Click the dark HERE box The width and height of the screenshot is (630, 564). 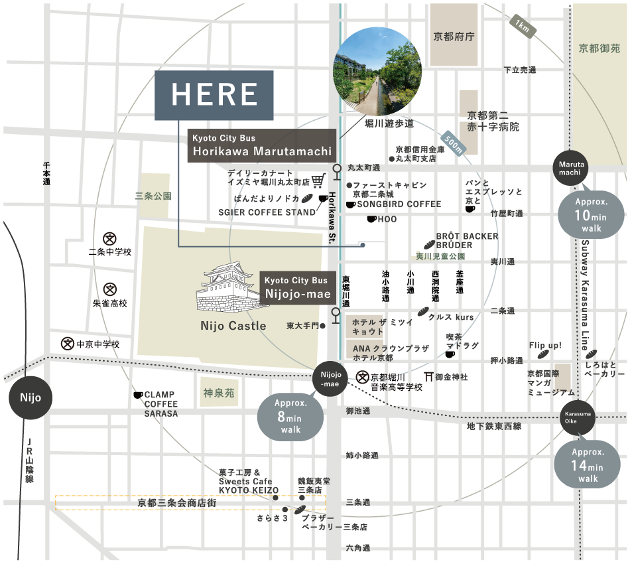pyautogui.click(x=214, y=95)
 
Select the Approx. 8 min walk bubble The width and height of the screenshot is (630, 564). pyautogui.click(x=290, y=415)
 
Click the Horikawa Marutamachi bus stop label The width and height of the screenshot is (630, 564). pyautogui.click(x=262, y=145)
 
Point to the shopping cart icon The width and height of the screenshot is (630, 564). pyautogui.click(x=319, y=180)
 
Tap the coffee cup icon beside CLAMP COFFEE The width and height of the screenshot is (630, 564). pyautogui.click(x=138, y=395)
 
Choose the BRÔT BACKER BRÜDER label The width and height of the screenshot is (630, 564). pyautogui.click(x=467, y=240)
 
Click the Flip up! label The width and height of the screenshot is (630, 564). pyautogui.click(x=545, y=346)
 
